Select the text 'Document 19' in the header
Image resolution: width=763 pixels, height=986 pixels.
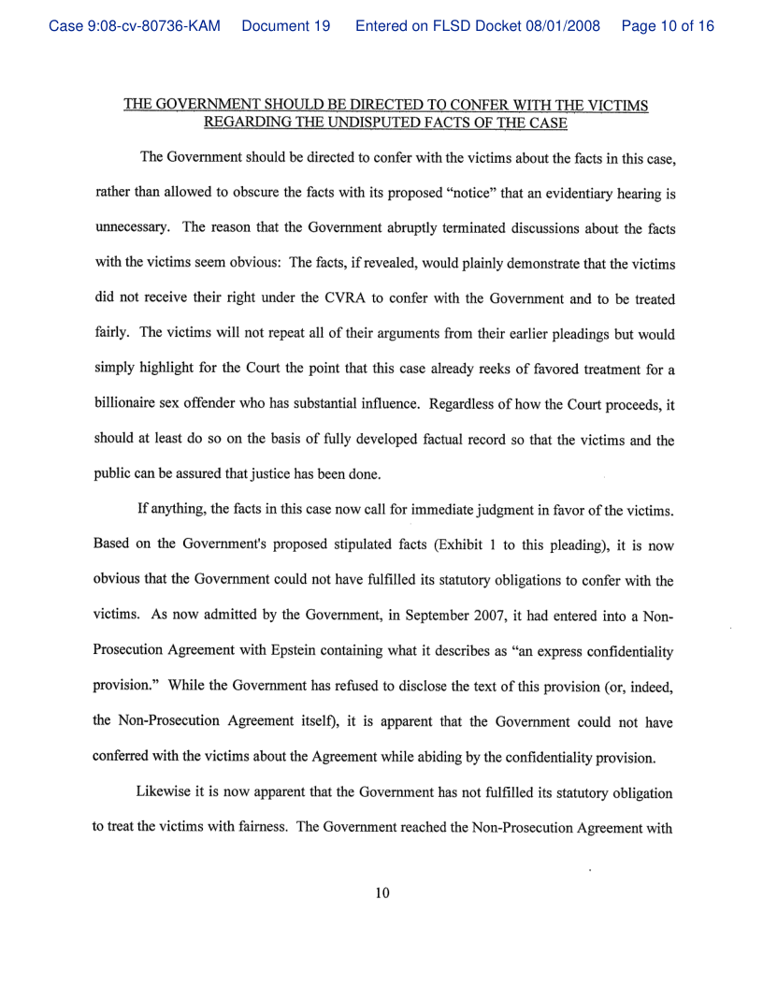pos(285,26)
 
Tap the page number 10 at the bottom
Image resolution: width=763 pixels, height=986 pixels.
pos(381,893)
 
